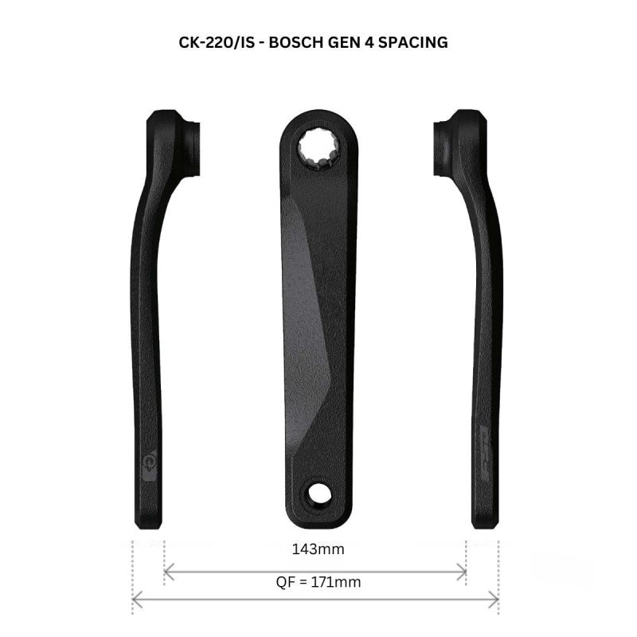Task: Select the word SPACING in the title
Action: tap(412, 42)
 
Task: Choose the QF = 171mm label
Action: tap(318, 582)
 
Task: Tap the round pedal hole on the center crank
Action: tap(320, 493)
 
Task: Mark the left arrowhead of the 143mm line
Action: tap(166, 570)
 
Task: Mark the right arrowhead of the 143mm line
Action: tap(463, 570)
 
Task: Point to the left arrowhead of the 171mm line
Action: tap(135, 599)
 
